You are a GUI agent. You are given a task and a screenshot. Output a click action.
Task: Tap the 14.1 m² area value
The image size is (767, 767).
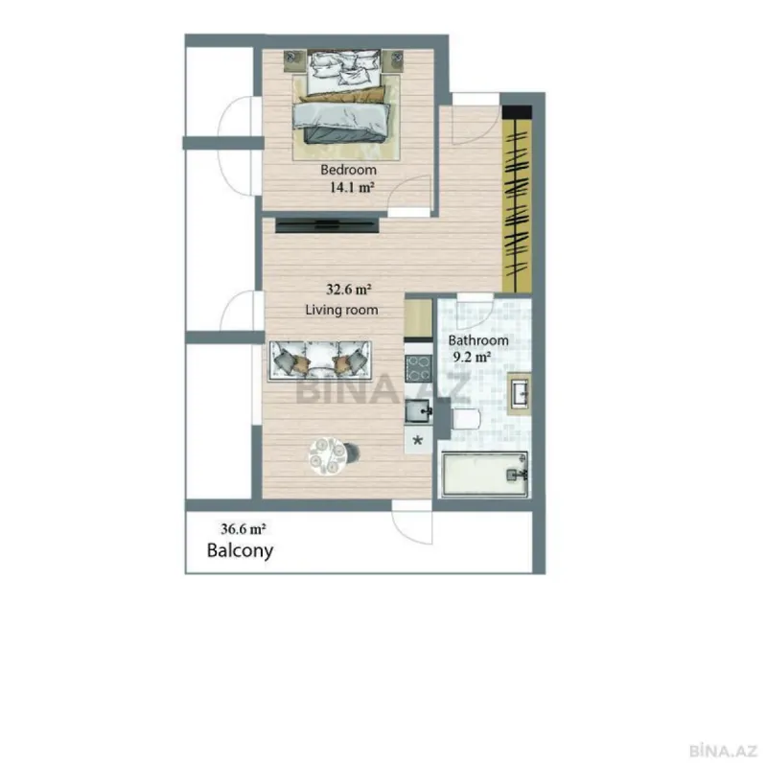pos(350,188)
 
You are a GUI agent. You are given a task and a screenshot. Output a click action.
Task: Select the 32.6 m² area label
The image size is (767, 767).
pos(349,288)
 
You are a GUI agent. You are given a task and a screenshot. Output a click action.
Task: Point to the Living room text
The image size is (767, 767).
pos(341,310)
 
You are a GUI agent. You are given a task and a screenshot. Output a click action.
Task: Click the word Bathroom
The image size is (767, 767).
pos(478,340)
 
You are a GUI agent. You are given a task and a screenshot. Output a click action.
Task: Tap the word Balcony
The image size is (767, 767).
pos(241,551)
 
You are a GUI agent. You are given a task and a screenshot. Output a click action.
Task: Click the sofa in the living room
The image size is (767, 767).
pos(320,360)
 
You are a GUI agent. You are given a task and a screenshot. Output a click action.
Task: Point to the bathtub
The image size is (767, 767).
pos(484,475)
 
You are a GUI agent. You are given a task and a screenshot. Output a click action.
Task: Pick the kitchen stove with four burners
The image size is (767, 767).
pos(419,368)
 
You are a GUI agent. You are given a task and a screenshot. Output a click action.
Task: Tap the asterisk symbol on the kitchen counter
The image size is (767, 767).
pos(418,441)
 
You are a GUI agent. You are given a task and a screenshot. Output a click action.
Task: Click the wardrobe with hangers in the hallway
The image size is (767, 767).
pos(516,201)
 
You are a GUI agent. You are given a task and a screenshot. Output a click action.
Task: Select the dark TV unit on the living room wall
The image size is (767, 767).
pos(326,225)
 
